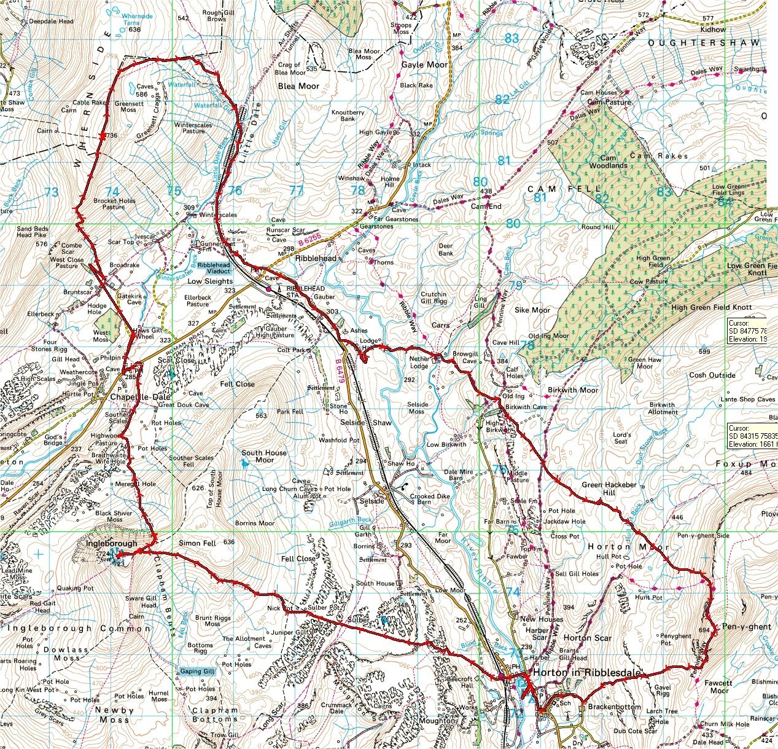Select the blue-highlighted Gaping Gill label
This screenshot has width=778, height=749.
click(198, 671)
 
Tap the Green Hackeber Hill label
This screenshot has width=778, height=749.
click(609, 488)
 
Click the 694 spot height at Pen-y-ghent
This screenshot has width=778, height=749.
click(704, 630)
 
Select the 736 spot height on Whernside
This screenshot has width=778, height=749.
click(111, 136)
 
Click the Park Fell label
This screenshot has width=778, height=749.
click(289, 412)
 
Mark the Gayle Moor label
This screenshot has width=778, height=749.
click(424, 65)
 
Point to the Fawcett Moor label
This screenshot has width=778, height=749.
click(718, 686)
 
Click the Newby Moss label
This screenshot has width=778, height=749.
click(115, 715)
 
